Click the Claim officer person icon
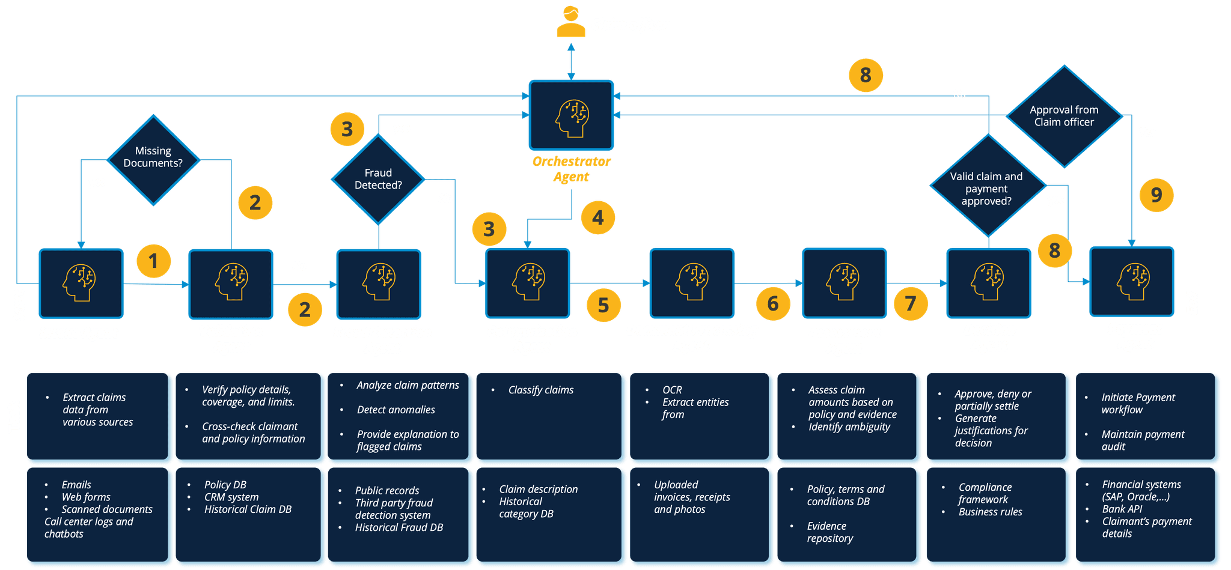pos(570,22)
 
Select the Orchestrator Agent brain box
pos(571,115)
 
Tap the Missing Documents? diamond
pos(153,159)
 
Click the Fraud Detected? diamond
pos(378,179)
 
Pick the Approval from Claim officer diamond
pos(1064,117)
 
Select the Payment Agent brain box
pos(1132,282)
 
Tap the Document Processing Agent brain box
pos(691,283)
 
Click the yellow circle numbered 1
pos(153,261)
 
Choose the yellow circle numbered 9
pos(1156,195)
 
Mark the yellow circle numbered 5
pos(603,305)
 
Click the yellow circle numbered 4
pos(597,217)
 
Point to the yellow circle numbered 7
pos(910,303)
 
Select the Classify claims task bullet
pos(540,390)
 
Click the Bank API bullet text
pos(1122,509)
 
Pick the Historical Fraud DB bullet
pos(399,527)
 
